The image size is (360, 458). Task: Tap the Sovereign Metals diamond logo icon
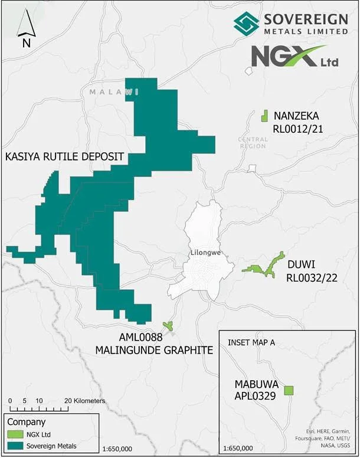[246, 23]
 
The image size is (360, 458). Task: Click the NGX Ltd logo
[288, 57]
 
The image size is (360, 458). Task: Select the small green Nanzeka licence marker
[265, 115]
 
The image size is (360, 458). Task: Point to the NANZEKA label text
[294, 116]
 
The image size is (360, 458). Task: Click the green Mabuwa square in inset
[289, 390]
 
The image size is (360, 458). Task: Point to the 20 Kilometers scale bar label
[85, 401]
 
